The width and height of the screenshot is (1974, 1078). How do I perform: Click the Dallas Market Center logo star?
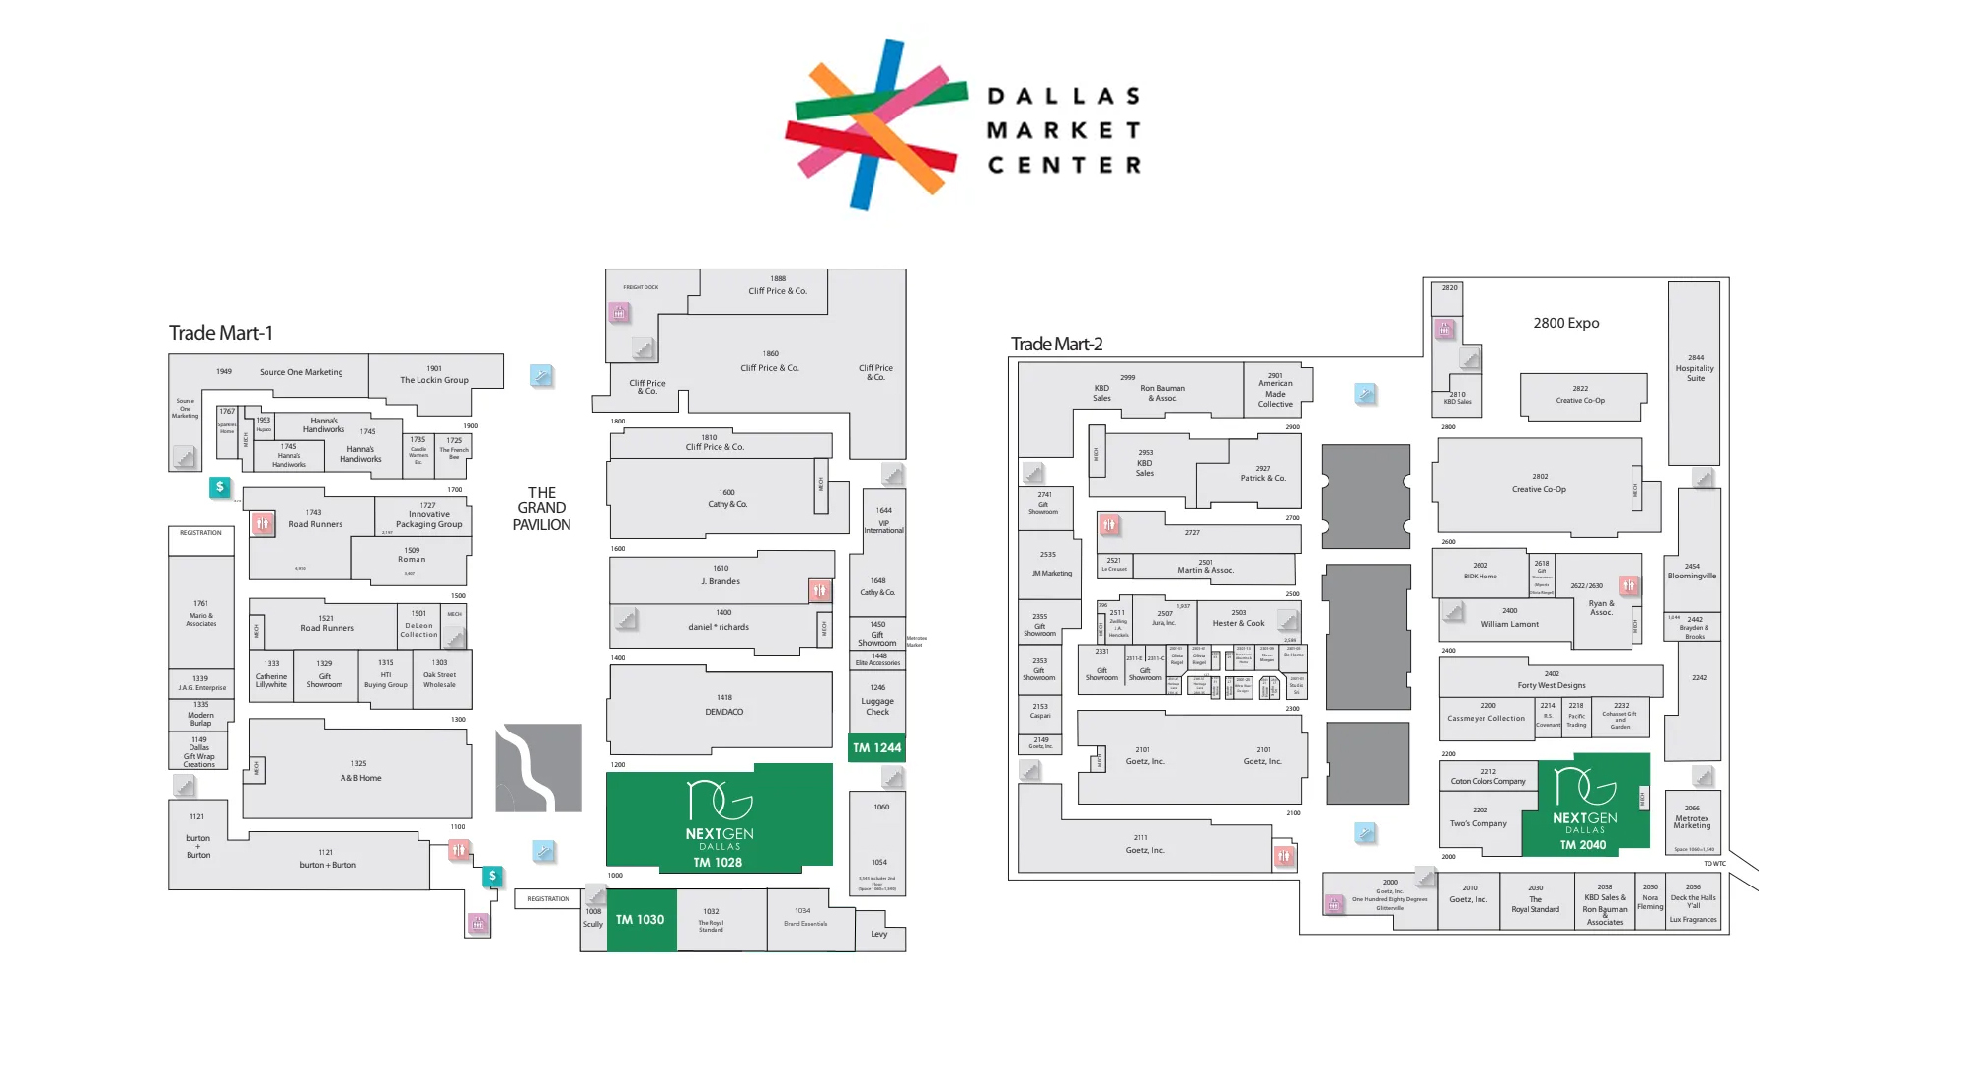tap(876, 124)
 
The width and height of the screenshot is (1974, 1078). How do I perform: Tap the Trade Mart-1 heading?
tap(220, 333)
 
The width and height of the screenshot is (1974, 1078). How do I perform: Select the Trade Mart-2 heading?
tap(1056, 344)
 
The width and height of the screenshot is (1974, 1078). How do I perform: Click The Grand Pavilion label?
tap(541, 508)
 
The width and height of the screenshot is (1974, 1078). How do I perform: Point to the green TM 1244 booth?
tap(876, 747)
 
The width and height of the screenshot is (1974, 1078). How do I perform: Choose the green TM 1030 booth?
tap(641, 919)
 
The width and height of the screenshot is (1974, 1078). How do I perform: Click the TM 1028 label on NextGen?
tap(718, 862)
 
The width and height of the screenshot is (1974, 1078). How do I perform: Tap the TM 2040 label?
tap(1583, 844)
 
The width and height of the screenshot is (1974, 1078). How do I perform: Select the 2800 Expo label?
tap(1565, 323)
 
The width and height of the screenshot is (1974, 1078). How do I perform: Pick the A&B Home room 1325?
tap(360, 771)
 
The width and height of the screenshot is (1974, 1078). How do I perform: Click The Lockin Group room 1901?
tap(434, 375)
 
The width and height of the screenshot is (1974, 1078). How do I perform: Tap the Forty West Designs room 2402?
tap(1552, 680)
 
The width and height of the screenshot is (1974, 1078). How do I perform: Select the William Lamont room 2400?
tap(1509, 618)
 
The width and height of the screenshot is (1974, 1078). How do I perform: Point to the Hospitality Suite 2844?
tap(1695, 368)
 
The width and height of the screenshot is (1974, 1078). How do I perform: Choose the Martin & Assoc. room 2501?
tap(1205, 567)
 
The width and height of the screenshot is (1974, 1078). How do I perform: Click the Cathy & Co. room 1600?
tap(726, 499)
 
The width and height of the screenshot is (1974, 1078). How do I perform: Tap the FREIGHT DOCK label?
tap(641, 287)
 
